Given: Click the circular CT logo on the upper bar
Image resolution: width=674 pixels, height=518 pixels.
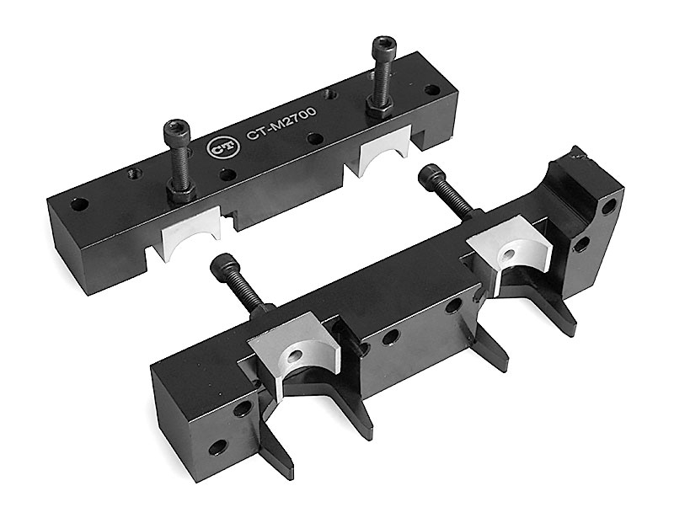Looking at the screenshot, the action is [217, 147].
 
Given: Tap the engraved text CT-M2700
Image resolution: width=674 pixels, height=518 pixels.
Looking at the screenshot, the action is [281, 123].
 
